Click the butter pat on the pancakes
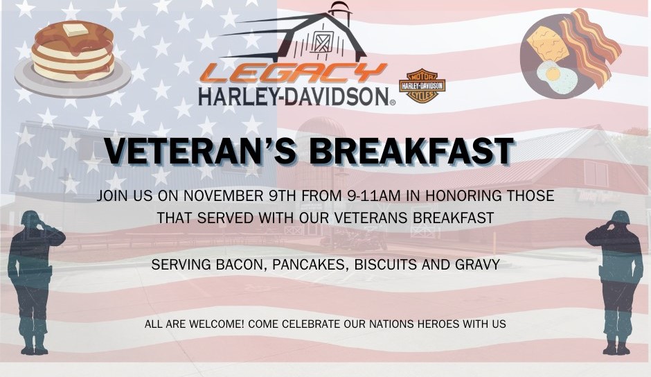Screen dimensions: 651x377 [75, 30]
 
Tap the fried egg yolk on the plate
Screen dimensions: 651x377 [553, 74]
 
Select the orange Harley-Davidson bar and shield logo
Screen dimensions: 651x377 [422, 86]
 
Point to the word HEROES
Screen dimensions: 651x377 [438, 324]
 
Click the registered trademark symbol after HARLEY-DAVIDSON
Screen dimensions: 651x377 [392, 102]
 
